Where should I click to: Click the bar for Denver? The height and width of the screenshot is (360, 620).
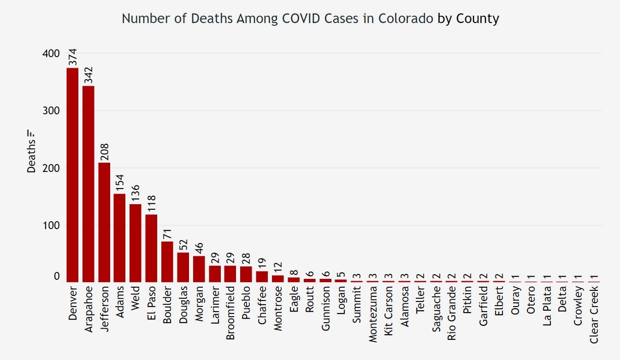tap(72, 175)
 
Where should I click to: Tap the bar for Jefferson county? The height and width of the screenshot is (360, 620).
tap(104, 222)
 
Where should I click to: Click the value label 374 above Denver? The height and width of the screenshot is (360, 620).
tap(73, 57)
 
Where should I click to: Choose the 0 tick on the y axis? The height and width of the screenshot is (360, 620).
tap(57, 276)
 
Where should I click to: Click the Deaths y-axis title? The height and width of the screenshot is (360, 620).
tap(31, 157)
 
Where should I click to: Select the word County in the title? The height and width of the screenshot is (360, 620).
tap(478, 18)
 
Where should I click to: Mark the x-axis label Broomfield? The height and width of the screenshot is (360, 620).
tap(230, 313)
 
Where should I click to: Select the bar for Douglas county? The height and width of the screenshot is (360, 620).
tap(183, 267)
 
